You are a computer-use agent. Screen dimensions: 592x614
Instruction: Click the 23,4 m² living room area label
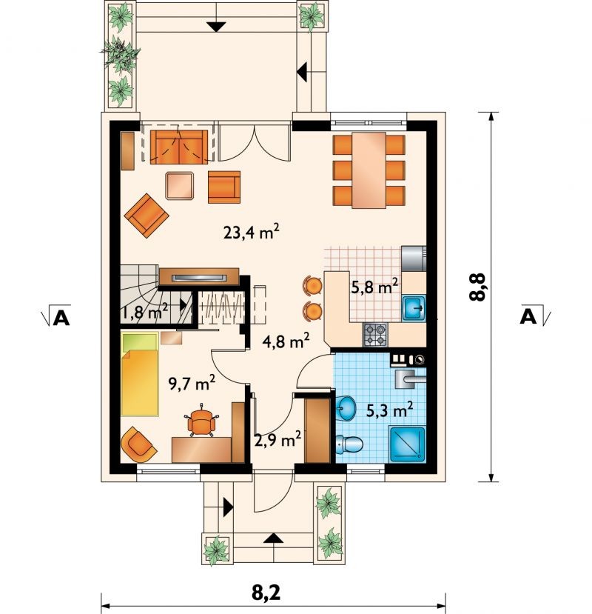click(251, 233)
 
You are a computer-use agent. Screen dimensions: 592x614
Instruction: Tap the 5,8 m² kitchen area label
click(374, 287)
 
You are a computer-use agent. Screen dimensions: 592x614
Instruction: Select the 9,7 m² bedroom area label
click(192, 383)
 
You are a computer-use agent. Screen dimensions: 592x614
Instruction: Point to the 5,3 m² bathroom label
click(390, 410)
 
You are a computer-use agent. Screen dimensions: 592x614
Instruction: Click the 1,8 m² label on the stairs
click(145, 312)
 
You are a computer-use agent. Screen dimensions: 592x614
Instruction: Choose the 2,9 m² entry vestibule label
click(277, 440)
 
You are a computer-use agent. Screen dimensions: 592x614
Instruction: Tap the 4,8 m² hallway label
click(286, 341)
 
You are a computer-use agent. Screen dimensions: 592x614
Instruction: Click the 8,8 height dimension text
click(477, 287)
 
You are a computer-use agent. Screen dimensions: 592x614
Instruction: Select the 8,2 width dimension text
click(266, 593)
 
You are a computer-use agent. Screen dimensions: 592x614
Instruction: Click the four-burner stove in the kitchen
click(375, 335)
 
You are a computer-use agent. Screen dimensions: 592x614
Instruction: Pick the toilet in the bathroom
click(349, 445)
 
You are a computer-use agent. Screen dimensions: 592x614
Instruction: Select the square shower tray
click(407, 445)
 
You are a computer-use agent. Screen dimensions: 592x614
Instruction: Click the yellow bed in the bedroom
click(140, 373)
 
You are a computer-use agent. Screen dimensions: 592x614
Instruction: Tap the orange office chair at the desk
click(201, 420)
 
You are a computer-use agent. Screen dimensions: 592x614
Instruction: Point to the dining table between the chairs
click(369, 170)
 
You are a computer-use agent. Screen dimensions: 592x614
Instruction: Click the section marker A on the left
click(61, 318)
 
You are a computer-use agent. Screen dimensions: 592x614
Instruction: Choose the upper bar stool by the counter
click(312, 285)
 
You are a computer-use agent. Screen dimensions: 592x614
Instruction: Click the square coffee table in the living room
click(180, 186)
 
